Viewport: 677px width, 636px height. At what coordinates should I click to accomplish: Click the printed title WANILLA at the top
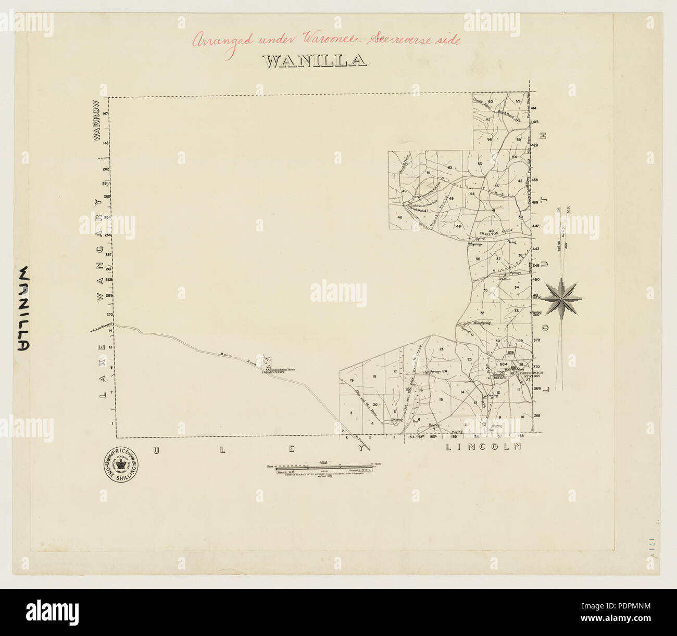pyautogui.click(x=316, y=61)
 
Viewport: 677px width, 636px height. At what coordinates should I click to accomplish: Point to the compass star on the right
pyautogui.click(x=562, y=298)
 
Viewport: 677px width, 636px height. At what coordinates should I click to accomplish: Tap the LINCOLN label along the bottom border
pyautogui.click(x=483, y=447)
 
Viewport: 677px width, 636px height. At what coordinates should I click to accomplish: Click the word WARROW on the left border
pyautogui.click(x=96, y=121)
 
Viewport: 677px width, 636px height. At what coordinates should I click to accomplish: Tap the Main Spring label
pyautogui.click(x=482, y=323)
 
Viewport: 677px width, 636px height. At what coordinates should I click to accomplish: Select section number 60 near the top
pyautogui.click(x=490, y=101)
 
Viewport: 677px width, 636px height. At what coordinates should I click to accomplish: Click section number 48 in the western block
pyautogui.click(x=400, y=217)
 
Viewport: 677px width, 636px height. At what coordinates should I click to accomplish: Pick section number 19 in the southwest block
pyautogui.click(x=352, y=381)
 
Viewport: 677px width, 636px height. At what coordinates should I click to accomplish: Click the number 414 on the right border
pyautogui.click(x=535, y=108)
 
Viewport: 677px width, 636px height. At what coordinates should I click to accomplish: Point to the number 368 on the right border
pyautogui.click(x=537, y=416)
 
